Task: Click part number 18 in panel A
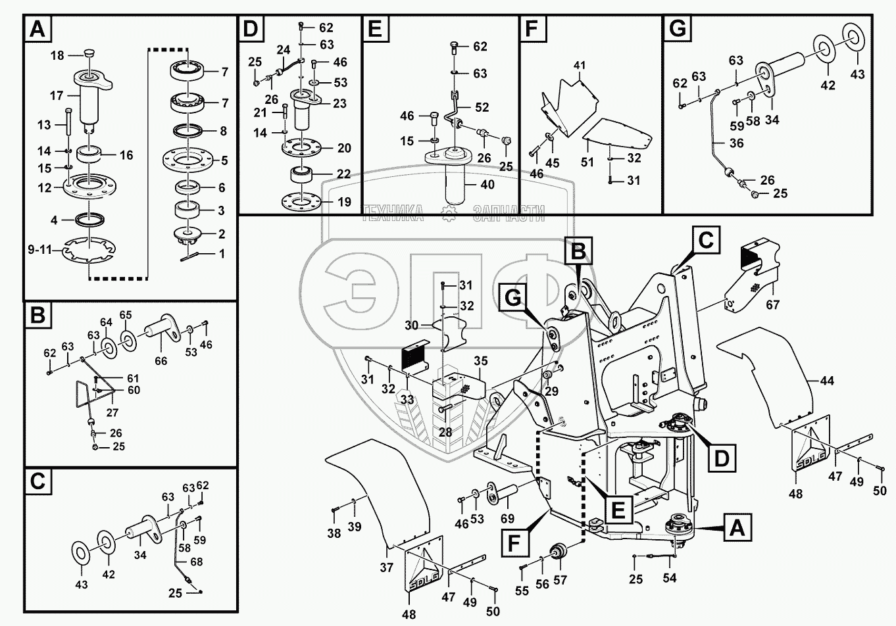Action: tap(57, 56)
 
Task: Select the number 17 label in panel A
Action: tap(57, 96)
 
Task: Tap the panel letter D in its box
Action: tap(251, 29)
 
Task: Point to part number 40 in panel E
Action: tap(487, 185)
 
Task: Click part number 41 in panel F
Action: tap(579, 66)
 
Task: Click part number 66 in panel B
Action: tap(161, 360)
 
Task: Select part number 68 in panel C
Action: tap(196, 562)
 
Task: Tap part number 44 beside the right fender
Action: tap(826, 380)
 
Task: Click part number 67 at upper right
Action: tap(773, 305)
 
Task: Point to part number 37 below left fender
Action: tap(386, 567)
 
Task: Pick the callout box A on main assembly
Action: tap(735, 527)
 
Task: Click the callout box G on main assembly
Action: tap(512, 299)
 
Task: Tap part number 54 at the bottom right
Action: tap(669, 578)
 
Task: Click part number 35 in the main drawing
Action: tap(480, 361)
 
